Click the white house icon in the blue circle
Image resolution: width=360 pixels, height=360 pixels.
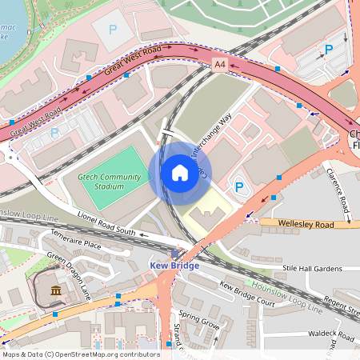tap(179, 173)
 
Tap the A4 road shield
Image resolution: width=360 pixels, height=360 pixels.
tap(219, 64)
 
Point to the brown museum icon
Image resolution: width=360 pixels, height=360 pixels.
tap(55, 290)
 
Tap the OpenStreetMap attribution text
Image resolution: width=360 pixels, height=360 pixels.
tap(81, 354)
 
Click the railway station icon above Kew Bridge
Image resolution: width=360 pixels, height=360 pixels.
tap(175, 253)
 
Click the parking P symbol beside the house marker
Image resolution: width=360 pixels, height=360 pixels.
tap(238, 186)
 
